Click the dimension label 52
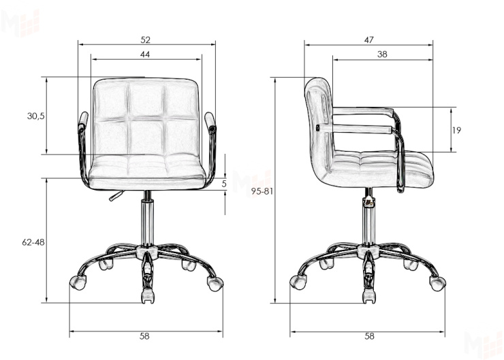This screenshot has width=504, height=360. [146, 40]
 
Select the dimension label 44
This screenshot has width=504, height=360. [145, 54]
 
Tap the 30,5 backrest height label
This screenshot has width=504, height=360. [35, 116]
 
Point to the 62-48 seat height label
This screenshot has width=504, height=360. [33, 242]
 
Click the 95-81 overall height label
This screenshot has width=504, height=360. [262, 191]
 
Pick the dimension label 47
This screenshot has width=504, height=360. [369, 40]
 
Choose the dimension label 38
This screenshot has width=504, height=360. [382, 54]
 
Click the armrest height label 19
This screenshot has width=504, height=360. [456, 130]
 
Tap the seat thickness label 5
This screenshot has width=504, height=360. [224, 184]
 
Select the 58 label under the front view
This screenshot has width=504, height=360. [144, 336]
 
